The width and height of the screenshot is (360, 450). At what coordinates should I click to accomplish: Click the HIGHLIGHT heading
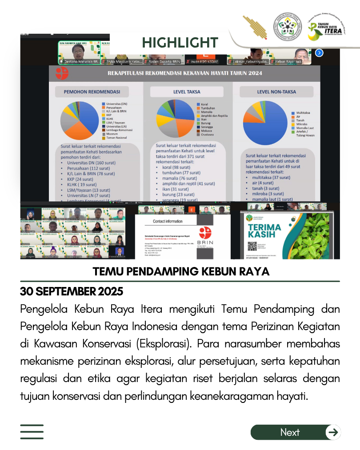180,43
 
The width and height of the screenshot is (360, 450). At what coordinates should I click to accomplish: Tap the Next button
296,432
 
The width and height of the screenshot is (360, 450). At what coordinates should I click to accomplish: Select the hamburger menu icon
32,432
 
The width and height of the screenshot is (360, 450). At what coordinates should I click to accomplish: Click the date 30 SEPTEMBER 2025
72,292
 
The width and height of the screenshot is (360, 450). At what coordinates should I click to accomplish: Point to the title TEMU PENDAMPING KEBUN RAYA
181,271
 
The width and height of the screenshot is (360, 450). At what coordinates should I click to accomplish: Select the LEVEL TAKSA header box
186,92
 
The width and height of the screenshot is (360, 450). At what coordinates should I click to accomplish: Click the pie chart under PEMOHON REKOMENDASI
80,120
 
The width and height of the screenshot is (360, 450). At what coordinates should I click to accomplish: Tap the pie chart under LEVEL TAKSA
175,119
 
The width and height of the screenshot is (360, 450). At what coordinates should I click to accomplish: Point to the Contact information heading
168,221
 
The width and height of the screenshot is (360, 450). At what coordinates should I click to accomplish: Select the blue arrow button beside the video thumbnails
319,53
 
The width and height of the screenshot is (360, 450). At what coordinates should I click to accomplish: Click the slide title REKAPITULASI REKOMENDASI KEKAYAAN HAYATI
184,73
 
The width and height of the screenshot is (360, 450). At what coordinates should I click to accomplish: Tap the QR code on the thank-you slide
252,246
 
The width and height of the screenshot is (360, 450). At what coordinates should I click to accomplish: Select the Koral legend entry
204,104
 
